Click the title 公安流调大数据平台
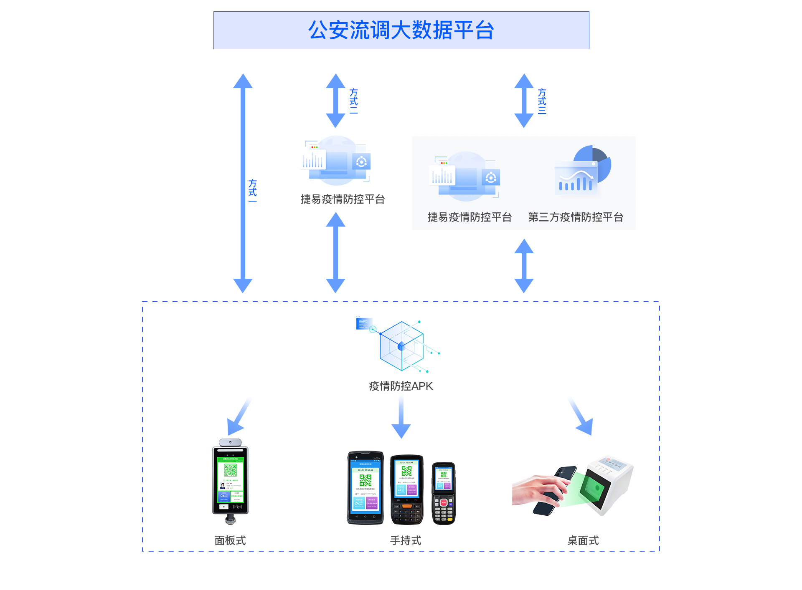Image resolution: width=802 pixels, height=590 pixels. (401, 30)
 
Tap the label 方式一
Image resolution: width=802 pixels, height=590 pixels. (252, 191)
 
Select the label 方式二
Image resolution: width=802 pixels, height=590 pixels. (353, 101)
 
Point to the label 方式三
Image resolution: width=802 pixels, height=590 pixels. (542, 101)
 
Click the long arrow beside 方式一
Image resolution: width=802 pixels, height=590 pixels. (243, 184)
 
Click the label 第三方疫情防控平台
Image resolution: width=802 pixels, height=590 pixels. (576, 217)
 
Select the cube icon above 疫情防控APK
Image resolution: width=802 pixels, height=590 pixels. (401, 345)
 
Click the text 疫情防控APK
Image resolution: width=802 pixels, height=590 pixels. (401, 386)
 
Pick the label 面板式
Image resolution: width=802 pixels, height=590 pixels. (230, 540)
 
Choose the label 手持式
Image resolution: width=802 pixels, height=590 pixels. (405, 540)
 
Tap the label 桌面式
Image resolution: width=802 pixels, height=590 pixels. (583, 540)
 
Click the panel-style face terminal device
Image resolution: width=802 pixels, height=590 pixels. (230, 480)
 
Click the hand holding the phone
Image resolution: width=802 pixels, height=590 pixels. (539, 490)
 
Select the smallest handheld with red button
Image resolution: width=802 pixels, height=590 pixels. (443, 493)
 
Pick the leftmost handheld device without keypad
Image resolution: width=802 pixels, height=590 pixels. (365, 487)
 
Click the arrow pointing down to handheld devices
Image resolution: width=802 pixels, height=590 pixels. (401, 417)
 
